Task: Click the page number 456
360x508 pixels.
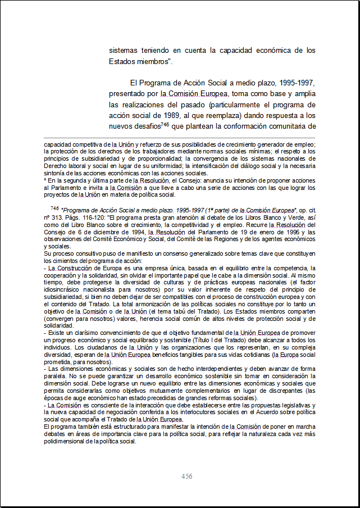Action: pyautogui.click(x=187, y=477)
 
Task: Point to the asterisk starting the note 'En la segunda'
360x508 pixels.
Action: pyautogui.click(x=45, y=181)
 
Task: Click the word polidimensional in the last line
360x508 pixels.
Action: pyautogui.click(x=66, y=441)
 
